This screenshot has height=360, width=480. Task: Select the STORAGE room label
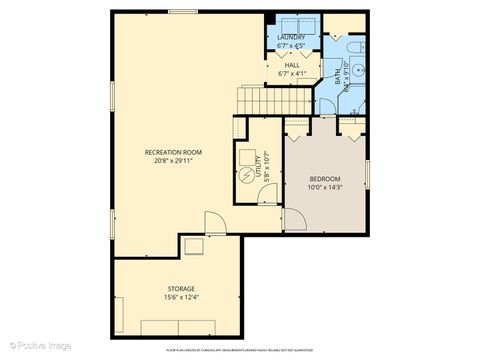tap(181, 288)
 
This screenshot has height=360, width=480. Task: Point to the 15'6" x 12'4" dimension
tap(181, 297)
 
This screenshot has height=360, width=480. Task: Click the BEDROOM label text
tap(324, 178)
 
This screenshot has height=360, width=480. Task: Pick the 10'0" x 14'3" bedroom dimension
tap(324, 187)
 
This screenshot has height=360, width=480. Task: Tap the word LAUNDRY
tap(291, 36)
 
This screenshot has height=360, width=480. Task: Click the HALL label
tap(291, 65)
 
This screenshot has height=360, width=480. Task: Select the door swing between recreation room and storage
tap(215, 222)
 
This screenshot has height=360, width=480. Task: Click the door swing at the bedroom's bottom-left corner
tap(294, 220)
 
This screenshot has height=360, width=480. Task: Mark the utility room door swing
tap(267, 194)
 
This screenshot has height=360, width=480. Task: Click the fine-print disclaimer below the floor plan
tap(240, 351)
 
